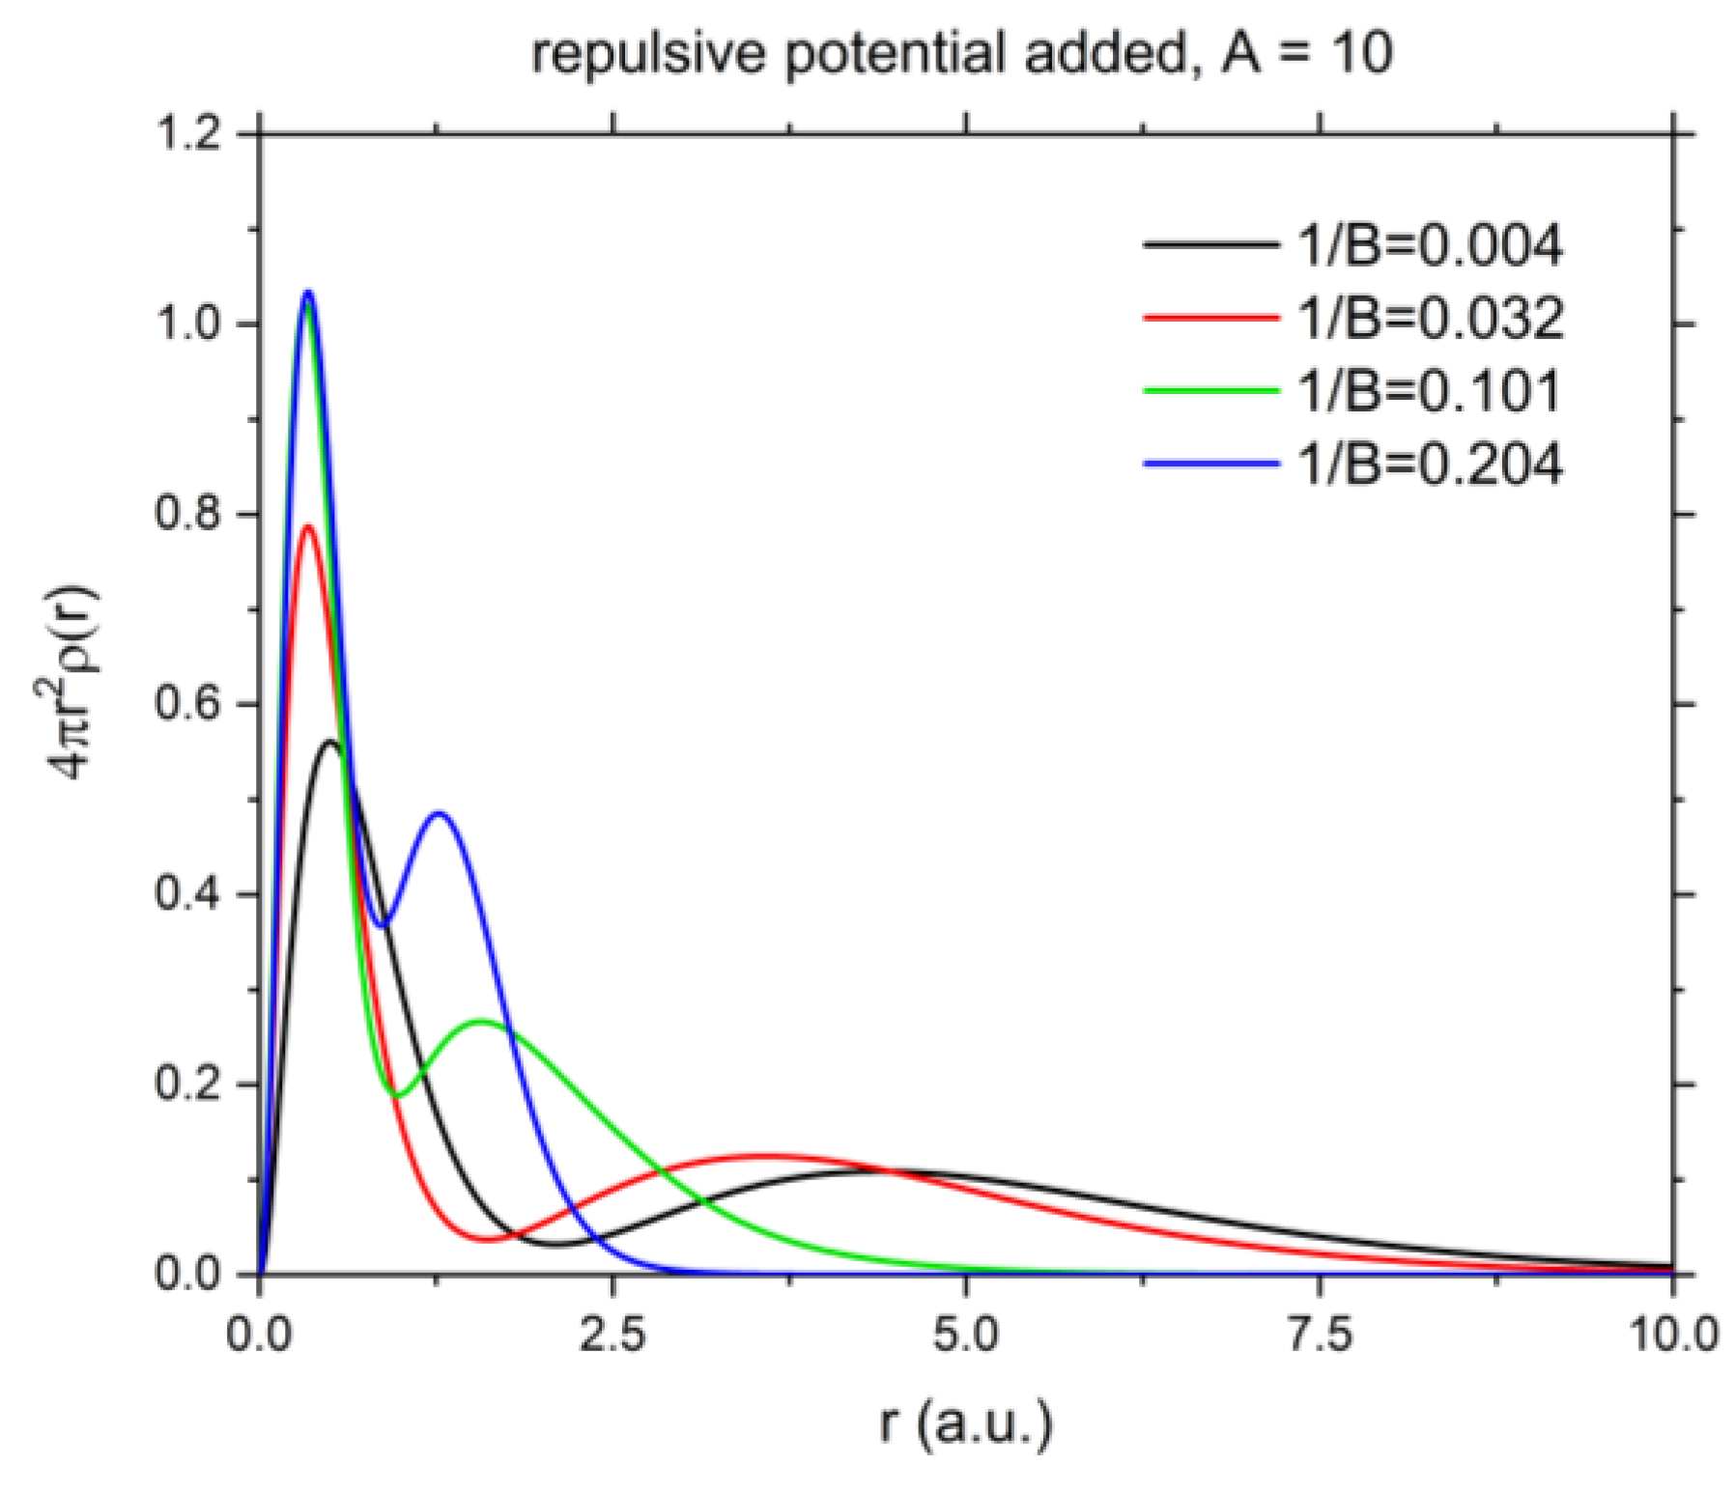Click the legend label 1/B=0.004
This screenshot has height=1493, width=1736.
1428,245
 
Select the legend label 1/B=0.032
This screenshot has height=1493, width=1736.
1428,318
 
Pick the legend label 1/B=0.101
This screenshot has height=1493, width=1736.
1428,391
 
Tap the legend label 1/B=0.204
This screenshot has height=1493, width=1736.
1428,465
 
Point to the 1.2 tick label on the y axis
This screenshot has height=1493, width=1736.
189,134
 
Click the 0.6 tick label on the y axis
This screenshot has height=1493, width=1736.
189,704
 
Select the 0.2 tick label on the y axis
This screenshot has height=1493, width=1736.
189,1084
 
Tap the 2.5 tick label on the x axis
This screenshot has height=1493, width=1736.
612,1336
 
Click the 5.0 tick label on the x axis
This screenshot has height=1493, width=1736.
966,1336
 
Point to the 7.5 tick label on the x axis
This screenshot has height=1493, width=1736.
1320,1336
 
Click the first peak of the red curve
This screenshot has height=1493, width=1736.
309,526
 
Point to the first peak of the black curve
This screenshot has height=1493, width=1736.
331,742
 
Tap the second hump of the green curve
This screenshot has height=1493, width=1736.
480,1021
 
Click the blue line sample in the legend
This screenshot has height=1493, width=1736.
1210,465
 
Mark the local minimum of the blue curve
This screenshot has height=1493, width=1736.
382,926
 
